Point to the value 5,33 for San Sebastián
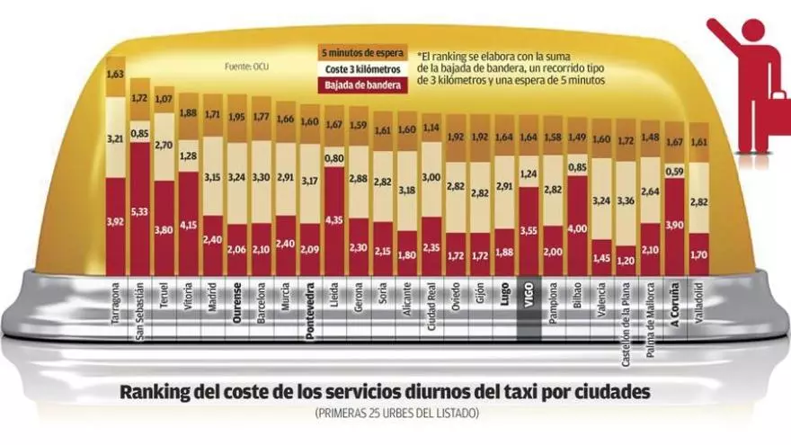pos(139,213)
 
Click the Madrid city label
pos(212,306)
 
